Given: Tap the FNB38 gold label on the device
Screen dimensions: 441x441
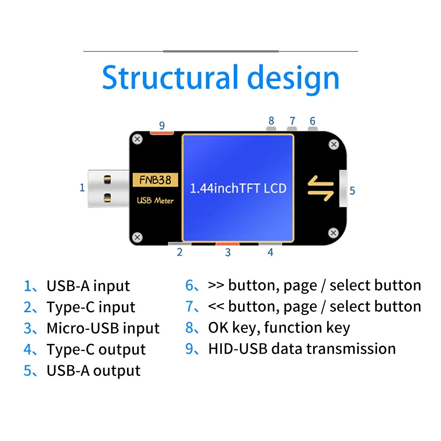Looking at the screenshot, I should click(x=155, y=179).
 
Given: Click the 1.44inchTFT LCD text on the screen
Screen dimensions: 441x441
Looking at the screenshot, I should click(x=238, y=188).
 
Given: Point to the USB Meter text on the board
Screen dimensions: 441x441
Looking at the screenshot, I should click(x=155, y=201).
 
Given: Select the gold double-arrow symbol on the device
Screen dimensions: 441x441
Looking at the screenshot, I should click(x=321, y=188).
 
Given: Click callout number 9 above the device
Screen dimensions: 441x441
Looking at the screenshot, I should click(x=162, y=125).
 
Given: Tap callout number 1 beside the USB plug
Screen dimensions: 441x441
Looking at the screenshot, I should click(x=82, y=187).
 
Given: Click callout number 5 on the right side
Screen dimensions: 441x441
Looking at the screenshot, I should click(x=352, y=191).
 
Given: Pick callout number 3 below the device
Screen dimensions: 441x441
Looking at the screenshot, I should click(x=228, y=253).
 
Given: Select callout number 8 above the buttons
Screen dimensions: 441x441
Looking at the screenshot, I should click(x=271, y=120).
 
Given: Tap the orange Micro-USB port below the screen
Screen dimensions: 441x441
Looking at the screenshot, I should click(x=228, y=243).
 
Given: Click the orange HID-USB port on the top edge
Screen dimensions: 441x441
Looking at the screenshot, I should click(x=162, y=132).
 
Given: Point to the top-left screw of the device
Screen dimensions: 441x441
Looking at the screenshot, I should click(x=138, y=139).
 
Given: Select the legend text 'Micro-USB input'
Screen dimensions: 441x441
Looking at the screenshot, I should click(x=103, y=328).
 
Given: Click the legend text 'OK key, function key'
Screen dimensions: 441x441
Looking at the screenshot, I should click(x=279, y=328).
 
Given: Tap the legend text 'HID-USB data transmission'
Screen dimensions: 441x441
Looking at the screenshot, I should click(x=302, y=349).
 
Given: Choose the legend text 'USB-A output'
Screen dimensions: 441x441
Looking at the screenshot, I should click(x=93, y=370).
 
